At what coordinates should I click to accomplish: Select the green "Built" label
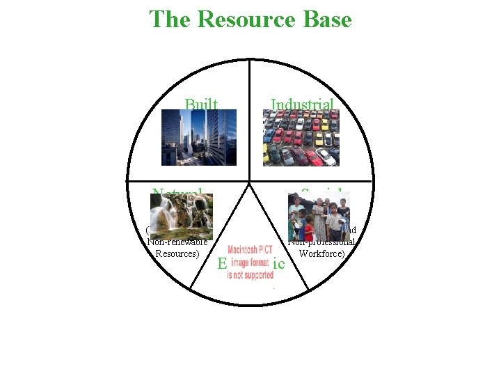point(201,104)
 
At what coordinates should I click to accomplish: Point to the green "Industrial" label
point(303,104)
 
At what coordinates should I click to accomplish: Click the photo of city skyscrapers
point(199,137)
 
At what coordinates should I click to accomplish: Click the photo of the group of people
point(319,217)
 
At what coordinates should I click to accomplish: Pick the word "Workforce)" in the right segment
point(322,253)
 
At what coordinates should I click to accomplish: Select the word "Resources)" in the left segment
point(177,253)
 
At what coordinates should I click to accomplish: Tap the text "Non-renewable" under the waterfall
point(177,242)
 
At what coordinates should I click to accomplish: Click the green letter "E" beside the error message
point(222,264)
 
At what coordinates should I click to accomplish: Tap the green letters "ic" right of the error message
point(279,264)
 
